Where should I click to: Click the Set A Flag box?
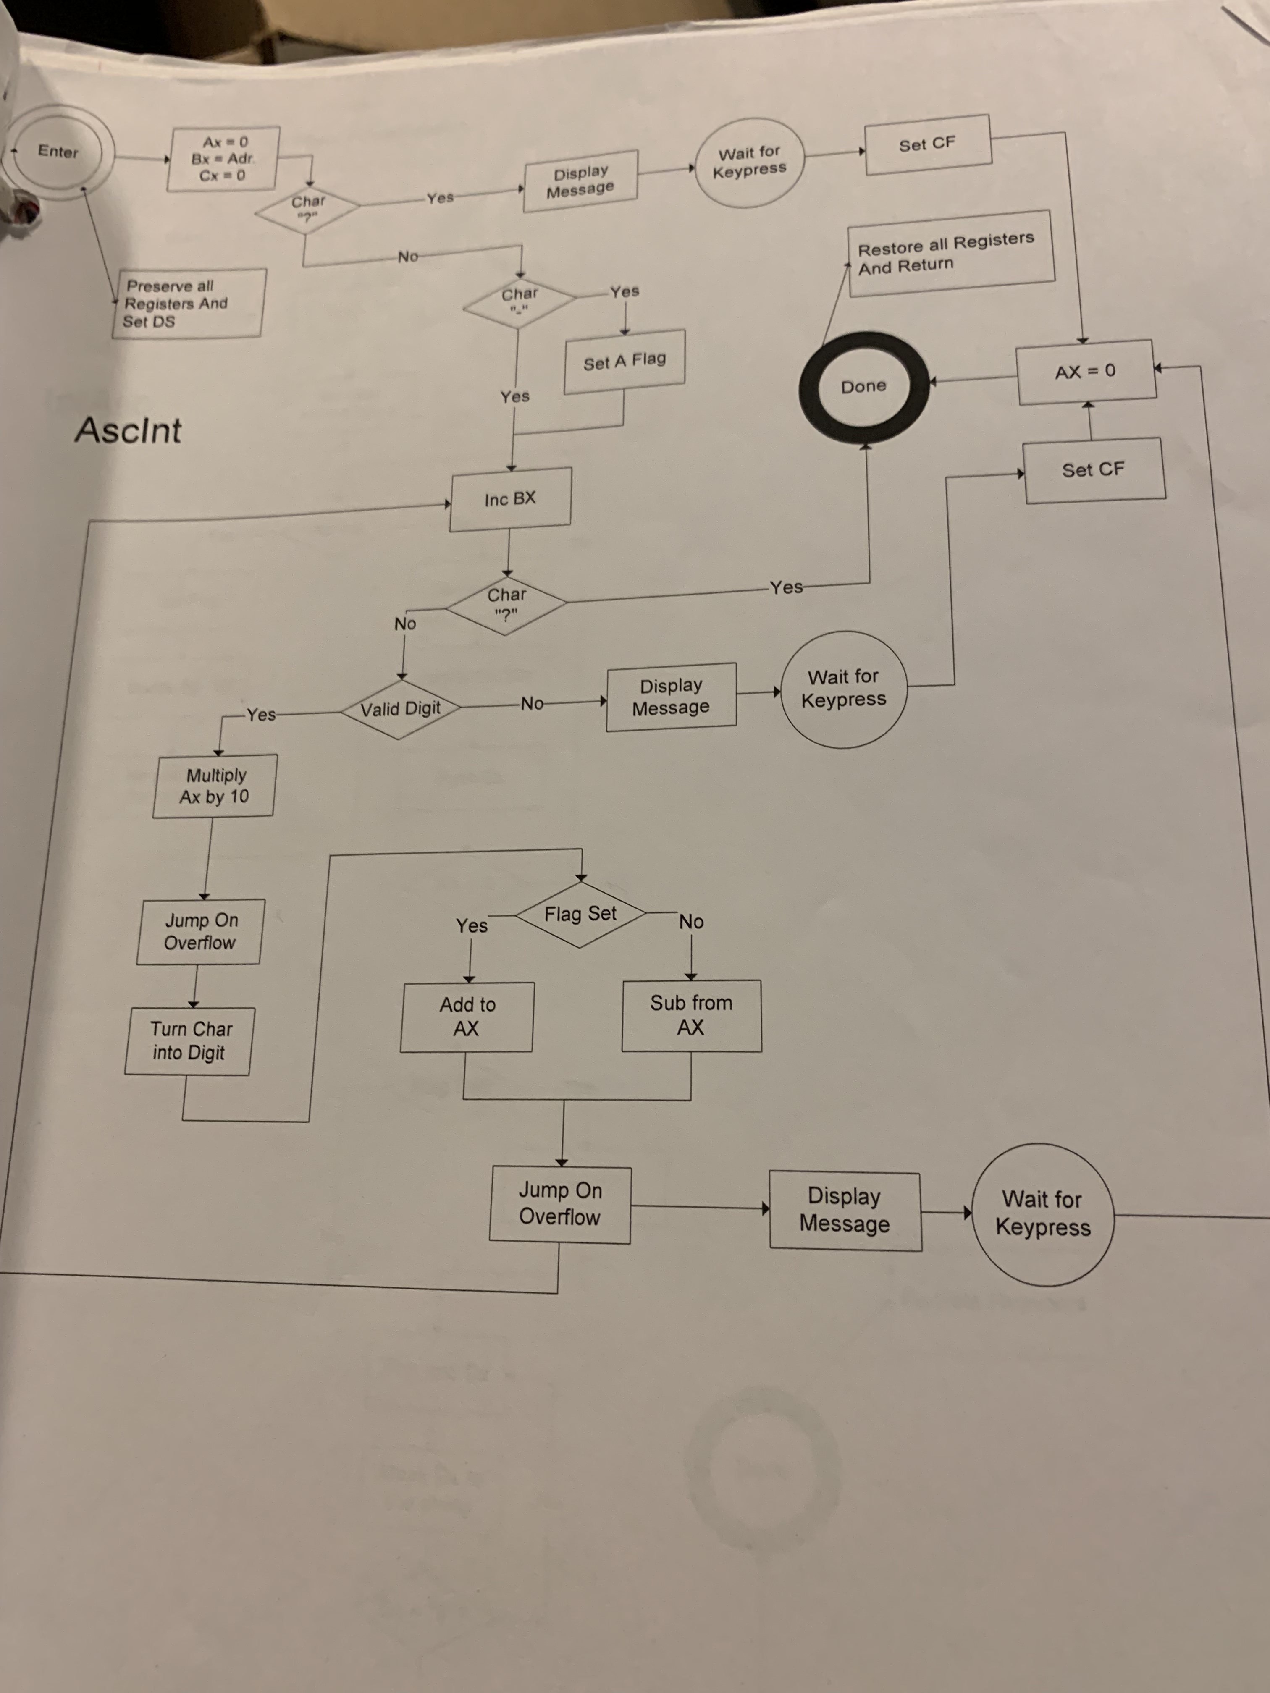[624, 361]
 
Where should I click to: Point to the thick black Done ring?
[863, 387]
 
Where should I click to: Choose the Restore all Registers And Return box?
[949, 253]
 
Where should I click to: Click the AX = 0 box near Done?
[1086, 372]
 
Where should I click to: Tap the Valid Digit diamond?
[400, 709]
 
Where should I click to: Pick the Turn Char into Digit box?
[189, 1041]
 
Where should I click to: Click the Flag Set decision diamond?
[580, 914]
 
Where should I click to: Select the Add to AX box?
[467, 1017]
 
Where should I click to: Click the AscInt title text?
[128, 430]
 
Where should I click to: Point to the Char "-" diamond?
[519, 301]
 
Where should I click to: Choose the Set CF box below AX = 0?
[1093, 470]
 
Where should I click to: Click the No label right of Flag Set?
[691, 922]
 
